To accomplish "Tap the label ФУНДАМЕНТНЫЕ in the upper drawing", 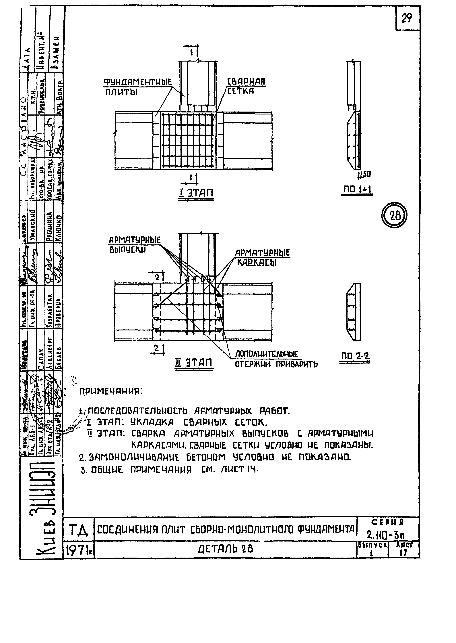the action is pyautogui.click(x=138, y=82).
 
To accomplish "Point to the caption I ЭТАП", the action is pyautogui.click(x=196, y=193).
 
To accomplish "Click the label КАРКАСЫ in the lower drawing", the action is pyautogui.click(x=257, y=262).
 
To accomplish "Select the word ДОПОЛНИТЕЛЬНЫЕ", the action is pyautogui.click(x=266, y=354).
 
